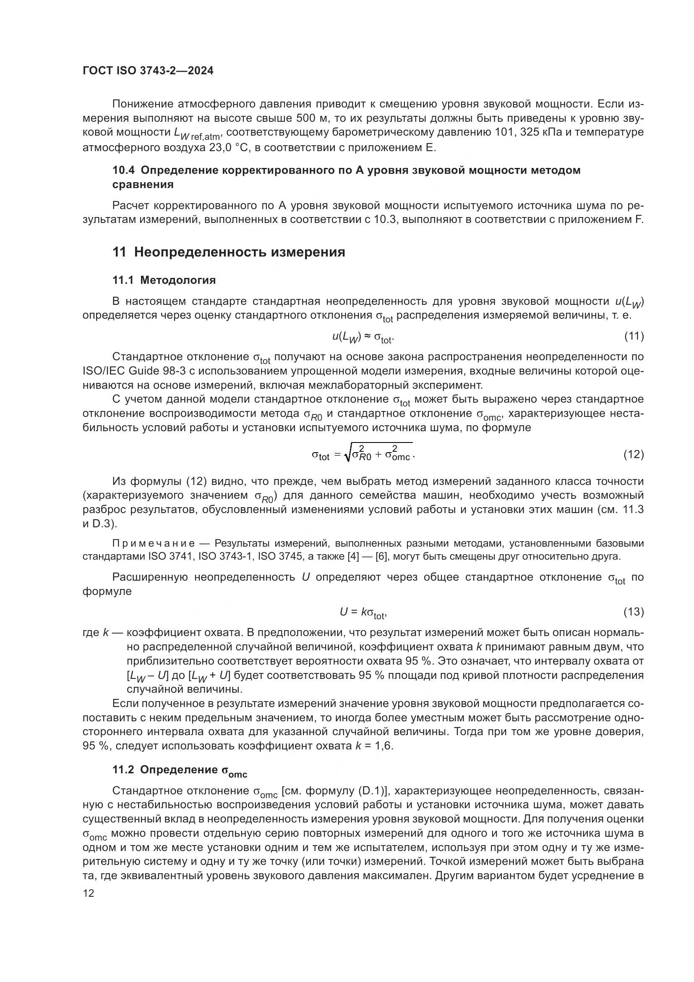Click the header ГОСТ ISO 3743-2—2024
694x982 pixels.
pyautogui.click(x=148, y=71)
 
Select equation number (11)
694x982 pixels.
pyautogui.click(x=634, y=337)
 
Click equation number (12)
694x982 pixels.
pyautogui.click(x=634, y=454)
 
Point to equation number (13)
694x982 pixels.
pyautogui.click(x=634, y=612)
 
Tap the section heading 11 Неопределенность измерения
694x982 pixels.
pyautogui.click(x=229, y=252)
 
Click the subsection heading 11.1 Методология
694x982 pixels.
pyautogui.click(x=164, y=280)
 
